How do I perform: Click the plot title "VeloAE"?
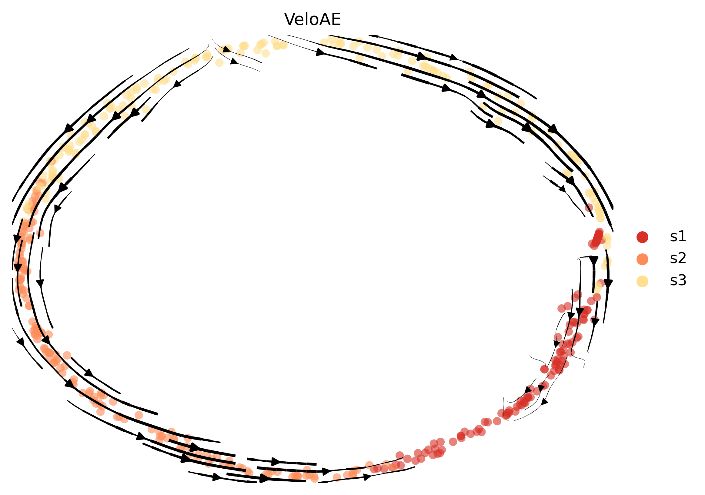[x=312, y=19]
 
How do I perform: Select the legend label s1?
[x=678, y=236]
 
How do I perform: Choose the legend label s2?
[x=678, y=258]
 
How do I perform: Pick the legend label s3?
[x=678, y=280]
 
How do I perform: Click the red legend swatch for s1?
[x=642, y=237]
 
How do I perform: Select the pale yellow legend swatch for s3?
[x=642, y=281]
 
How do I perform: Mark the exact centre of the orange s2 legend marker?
[x=642, y=259]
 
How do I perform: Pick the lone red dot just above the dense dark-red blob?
[x=589, y=208]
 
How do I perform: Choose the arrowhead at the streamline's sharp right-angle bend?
[x=594, y=260]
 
